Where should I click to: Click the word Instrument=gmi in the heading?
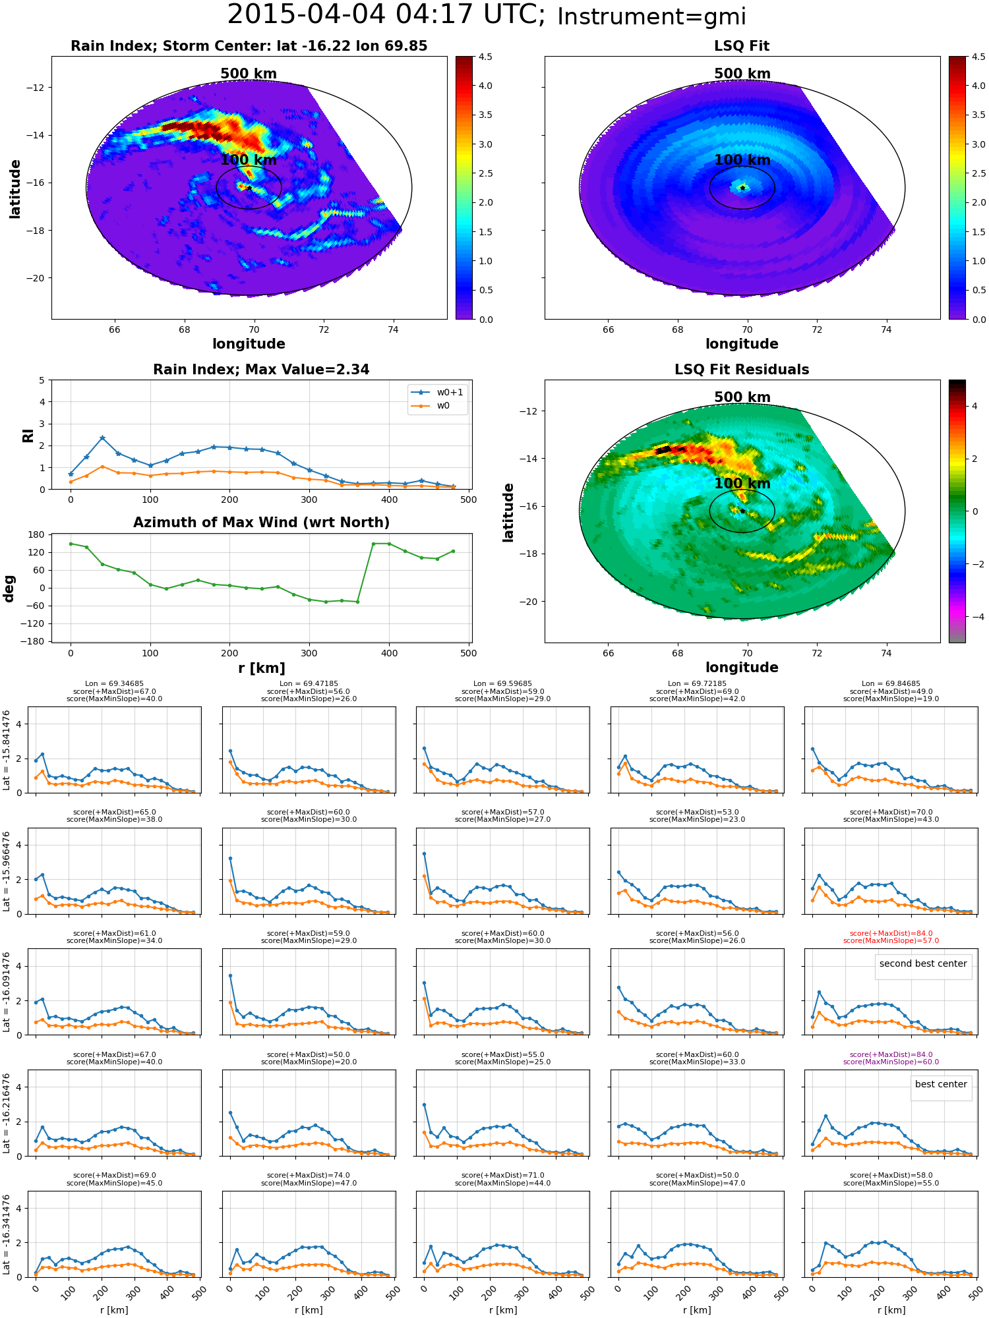(651, 17)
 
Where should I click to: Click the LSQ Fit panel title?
(742, 46)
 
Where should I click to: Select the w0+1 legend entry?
(438, 392)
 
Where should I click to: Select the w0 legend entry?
(438, 405)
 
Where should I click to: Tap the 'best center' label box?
(941, 1084)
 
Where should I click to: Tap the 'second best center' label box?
(923, 963)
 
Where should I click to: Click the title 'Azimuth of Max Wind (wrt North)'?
(261, 523)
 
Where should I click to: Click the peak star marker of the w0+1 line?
(102, 438)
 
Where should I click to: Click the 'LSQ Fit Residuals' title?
(742, 370)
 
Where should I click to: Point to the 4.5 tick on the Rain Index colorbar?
(485, 57)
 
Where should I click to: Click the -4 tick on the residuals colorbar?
(974, 617)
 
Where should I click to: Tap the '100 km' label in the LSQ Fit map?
(742, 160)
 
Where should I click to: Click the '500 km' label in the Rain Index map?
(249, 74)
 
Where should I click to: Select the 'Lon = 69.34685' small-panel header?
(114, 684)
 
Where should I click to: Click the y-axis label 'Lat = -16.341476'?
(7, 1234)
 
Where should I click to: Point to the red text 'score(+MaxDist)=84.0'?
(891, 933)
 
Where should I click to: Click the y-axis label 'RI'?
(28, 435)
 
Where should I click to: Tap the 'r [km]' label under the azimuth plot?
(261, 668)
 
